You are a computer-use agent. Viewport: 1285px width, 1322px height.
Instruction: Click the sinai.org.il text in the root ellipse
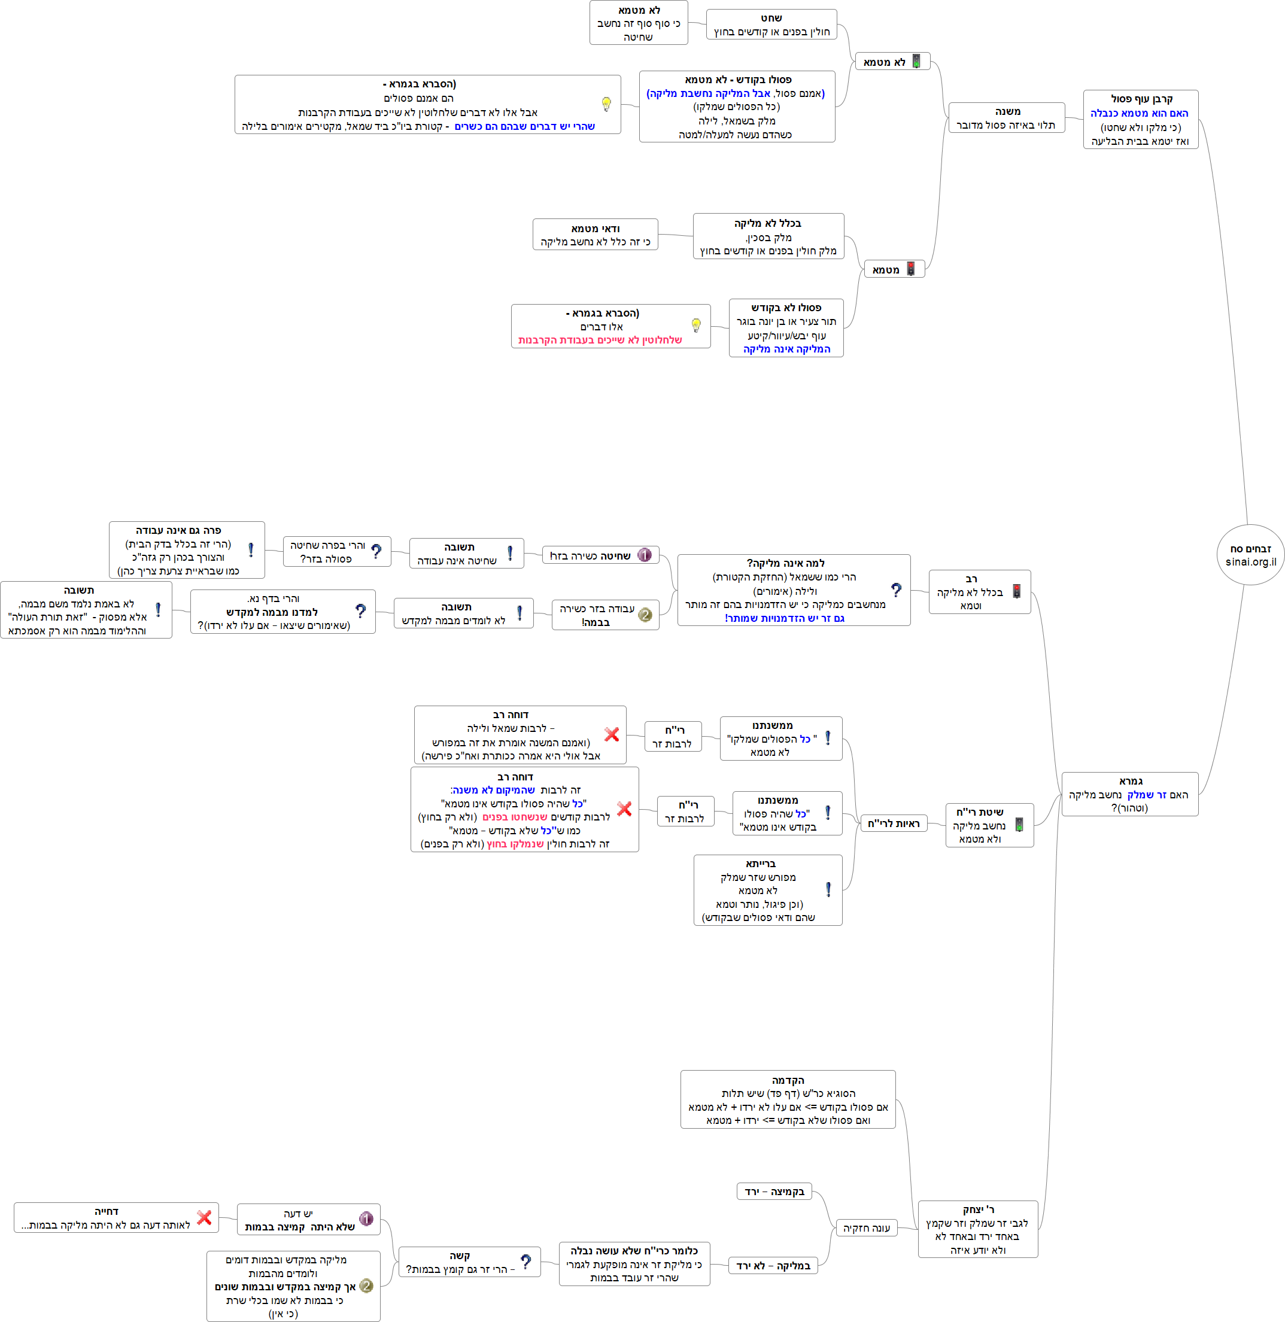[1250, 561]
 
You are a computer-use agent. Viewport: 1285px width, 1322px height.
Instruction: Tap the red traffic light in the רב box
[1016, 591]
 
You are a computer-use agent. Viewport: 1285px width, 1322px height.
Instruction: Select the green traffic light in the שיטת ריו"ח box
[1019, 825]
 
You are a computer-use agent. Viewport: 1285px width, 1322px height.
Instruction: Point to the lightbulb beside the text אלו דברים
[696, 326]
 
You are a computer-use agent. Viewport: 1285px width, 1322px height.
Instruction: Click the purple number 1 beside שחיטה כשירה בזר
[645, 555]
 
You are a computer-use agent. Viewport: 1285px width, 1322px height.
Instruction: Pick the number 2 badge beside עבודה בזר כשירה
[645, 615]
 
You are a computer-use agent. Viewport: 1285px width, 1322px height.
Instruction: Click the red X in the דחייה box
[204, 1217]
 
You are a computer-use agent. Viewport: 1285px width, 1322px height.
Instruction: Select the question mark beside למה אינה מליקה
[895, 591]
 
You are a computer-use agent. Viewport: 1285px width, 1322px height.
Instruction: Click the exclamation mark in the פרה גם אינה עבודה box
[251, 550]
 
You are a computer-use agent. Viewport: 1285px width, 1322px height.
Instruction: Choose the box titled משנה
[1006, 117]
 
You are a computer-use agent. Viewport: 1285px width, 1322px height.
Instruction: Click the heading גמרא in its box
[1131, 781]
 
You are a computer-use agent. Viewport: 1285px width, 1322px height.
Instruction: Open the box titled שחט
[771, 25]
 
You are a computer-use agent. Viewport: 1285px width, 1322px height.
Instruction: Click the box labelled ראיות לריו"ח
[893, 823]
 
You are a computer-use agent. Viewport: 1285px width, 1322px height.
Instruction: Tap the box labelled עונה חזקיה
[866, 1227]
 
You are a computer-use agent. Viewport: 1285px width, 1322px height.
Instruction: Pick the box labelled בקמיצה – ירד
[773, 1191]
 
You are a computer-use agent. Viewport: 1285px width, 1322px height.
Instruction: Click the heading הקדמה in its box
[788, 1080]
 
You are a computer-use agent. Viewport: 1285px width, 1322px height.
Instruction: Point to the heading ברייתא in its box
[761, 864]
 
